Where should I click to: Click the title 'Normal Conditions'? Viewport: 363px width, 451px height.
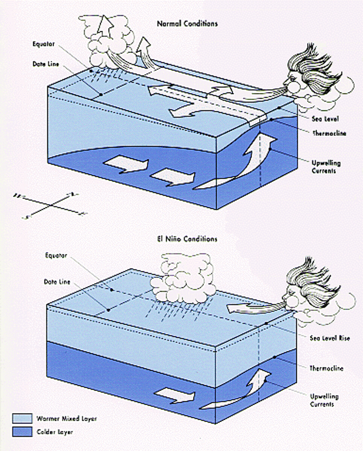tap(187, 24)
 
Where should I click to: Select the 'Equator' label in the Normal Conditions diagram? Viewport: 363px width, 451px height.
tap(44, 44)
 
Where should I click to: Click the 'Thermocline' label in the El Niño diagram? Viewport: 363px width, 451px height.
tap(326, 368)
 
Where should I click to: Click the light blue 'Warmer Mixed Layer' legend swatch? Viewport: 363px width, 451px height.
tap(22, 418)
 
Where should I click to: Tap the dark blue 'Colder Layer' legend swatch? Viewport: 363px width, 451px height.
tap(22, 432)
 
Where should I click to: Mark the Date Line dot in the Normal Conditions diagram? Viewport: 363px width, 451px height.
tap(100, 94)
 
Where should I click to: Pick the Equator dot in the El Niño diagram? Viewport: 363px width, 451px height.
tap(112, 290)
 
